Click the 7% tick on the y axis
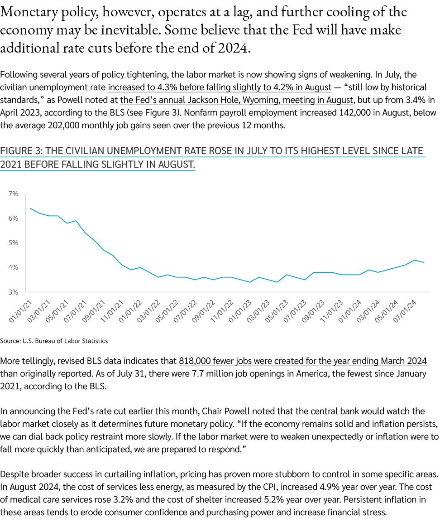13,194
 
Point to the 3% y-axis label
13,292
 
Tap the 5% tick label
13,243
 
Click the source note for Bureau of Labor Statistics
54,340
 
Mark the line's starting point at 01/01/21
30,208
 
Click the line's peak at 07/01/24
414,260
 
